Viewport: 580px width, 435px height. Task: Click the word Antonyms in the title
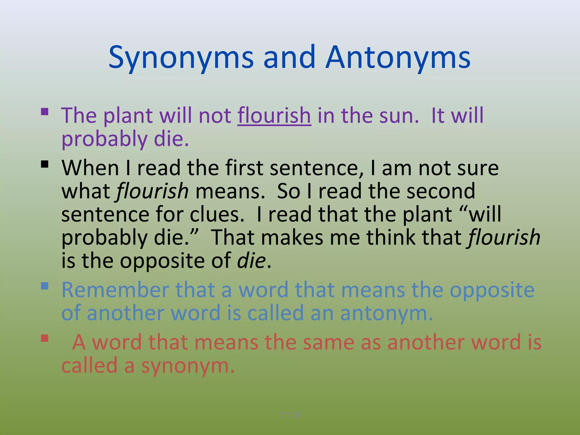(398, 58)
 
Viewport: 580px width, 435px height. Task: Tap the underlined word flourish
(274, 116)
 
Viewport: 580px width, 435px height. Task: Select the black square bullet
(45, 164)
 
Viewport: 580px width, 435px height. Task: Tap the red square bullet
(45, 338)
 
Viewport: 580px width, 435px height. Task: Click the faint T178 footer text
(290, 415)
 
